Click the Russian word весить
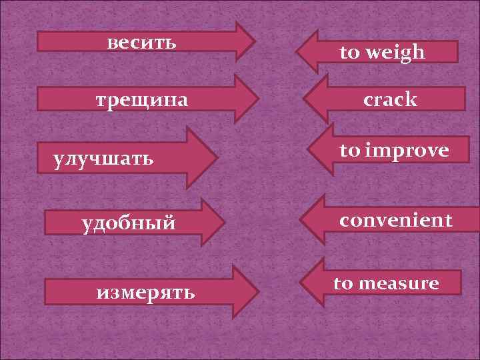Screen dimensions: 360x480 (x=142, y=43)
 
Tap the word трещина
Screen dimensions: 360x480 (x=142, y=101)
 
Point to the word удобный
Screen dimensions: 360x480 (x=129, y=223)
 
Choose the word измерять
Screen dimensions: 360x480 (x=146, y=291)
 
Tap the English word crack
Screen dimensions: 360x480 (x=391, y=100)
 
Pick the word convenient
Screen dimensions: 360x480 (x=396, y=220)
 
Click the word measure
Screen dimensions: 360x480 (x=399, y=283)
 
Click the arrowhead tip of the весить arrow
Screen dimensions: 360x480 (x=255, y=41)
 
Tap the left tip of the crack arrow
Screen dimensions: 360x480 (x=303, y=99)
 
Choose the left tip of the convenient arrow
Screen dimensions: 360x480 (x=300, y=220)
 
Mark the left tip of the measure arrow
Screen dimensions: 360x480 (x=300, y=283)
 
